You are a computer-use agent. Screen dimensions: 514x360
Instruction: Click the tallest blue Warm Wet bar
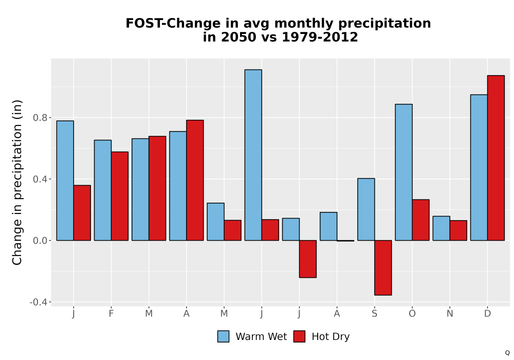click(253, 155)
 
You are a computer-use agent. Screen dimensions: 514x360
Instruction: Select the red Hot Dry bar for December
click(496, 158)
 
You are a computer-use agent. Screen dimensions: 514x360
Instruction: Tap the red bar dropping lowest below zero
click(383, 267)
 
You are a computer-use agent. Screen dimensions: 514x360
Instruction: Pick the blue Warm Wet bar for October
click(404, 172)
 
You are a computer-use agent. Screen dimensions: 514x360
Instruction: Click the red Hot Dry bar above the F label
click(120, 196)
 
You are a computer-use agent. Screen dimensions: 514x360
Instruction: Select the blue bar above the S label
click(366, 209)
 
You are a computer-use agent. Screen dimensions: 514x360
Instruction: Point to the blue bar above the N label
click(441, 228)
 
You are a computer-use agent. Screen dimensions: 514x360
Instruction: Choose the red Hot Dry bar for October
click(421, 220)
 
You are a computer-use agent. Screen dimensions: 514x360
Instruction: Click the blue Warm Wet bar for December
click(479, 168)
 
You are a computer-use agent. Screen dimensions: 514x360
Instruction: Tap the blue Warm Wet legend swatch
click(223, 336)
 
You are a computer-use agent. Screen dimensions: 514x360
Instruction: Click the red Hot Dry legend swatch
click(299, 336)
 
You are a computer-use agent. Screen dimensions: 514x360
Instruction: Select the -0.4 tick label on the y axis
click(39, 302)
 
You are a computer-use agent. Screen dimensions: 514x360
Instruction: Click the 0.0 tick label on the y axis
click(40, 241)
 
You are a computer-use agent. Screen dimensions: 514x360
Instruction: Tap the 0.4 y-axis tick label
click(40, 179)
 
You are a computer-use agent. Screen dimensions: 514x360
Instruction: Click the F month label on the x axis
click(111, 314)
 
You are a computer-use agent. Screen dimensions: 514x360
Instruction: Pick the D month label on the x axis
click(487, 314)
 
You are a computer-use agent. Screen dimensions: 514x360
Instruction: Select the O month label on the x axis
click(412, 314)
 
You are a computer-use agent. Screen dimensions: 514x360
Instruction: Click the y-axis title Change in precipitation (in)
click(17, 182)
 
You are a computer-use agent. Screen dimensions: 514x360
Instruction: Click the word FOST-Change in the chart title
click(173, 23)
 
